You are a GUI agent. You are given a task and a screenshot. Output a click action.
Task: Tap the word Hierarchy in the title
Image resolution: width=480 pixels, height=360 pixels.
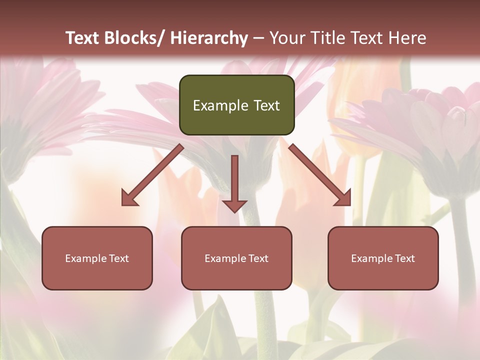[x=208, y=38]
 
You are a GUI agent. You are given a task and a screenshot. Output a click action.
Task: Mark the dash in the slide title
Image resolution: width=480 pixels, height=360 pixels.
[x=258, y=38]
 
